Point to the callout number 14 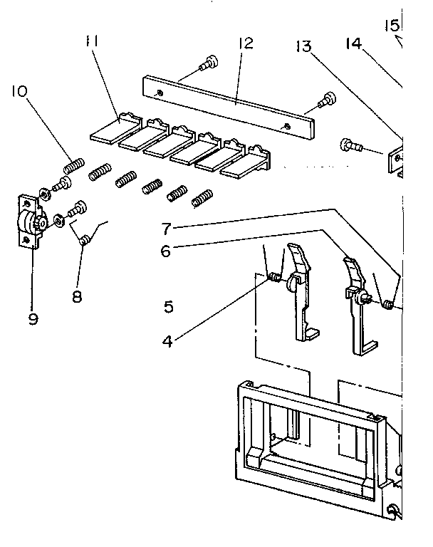coord(354,44)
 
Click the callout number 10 coord(19,92)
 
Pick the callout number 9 coord(32,318)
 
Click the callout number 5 coord(168,307)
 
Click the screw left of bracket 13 coord(351,146)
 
